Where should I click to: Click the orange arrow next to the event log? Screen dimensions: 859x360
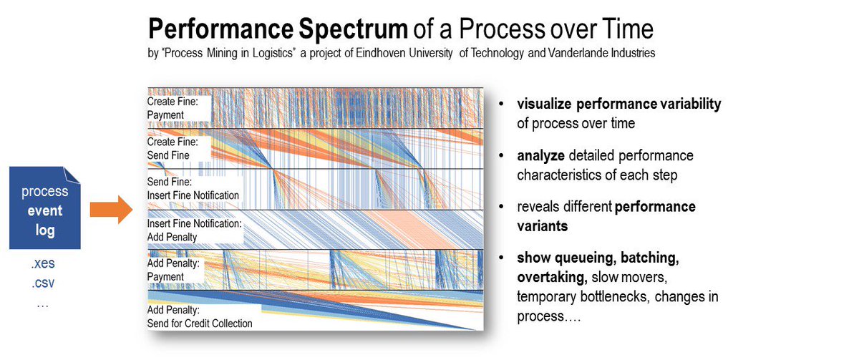tap(111, 210)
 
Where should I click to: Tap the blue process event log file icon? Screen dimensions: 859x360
tap(45, 208)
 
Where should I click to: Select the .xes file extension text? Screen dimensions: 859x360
tap(43, 263)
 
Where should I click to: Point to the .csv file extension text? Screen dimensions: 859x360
tap(43, 283)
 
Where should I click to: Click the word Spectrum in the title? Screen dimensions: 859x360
tap(353, 29)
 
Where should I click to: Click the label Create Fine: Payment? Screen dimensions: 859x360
tap(173, 108)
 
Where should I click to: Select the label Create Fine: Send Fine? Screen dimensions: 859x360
tap(173, 148)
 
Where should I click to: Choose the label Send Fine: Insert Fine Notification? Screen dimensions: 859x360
tap(193, 188)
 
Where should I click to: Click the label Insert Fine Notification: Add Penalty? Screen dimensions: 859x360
tap(195, 230)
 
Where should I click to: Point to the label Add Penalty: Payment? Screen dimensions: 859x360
tap(173, 270)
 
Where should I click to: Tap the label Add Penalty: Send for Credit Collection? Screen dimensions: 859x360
tap(200, 316)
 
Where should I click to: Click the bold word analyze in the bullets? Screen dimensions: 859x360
tap(540, 156)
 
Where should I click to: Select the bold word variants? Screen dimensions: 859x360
tap(543, 226)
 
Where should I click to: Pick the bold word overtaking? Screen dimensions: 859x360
tap(552, 277)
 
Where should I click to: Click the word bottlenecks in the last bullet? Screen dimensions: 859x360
tap(603, 297)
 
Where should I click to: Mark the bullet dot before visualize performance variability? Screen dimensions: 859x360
tap(501, 104)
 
